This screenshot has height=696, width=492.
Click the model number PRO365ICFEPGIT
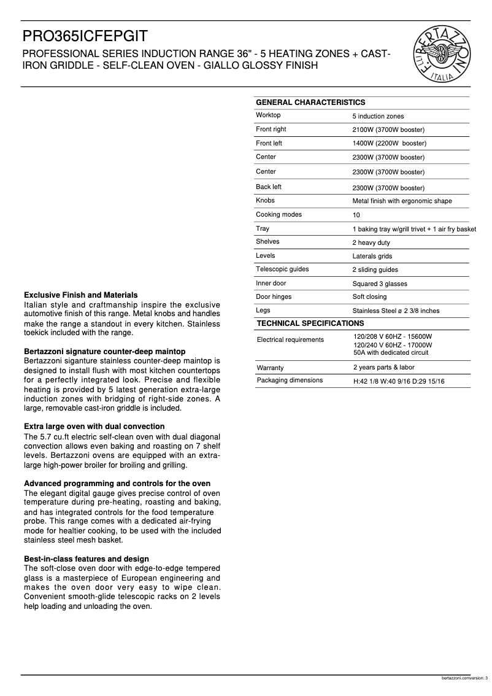click(x=85, y=36)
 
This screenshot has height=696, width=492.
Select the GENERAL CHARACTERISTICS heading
click(x=310, y=102)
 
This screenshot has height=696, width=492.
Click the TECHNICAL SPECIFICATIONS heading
click(x=310, y=323)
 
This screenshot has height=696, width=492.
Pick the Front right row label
click(x=271, y=130)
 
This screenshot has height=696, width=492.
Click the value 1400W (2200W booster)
click(x=389, y=144)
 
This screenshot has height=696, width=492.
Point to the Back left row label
click(x=269, y=187)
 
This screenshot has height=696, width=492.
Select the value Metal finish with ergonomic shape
click(x=402, y=201)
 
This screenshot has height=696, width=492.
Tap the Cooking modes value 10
click(x=356, y=215)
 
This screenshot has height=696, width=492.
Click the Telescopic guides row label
click(x=282, y=269)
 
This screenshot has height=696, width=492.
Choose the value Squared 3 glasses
click(x=379, y=284)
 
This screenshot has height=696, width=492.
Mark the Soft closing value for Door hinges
click(x=369, y=297)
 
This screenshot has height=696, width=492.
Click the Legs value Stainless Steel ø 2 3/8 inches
click(x=396, y=311)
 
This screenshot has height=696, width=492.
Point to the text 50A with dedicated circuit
click(x=391, y=353)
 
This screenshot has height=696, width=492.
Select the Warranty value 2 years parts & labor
click(x=383, y=368)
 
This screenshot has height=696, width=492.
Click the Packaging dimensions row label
click(x=290, y=381)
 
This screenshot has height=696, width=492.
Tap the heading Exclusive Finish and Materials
click(x=80, y=295)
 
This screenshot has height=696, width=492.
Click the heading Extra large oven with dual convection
click(x=94, y=427)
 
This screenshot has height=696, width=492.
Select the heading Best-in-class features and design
click(x=86, y=559)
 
